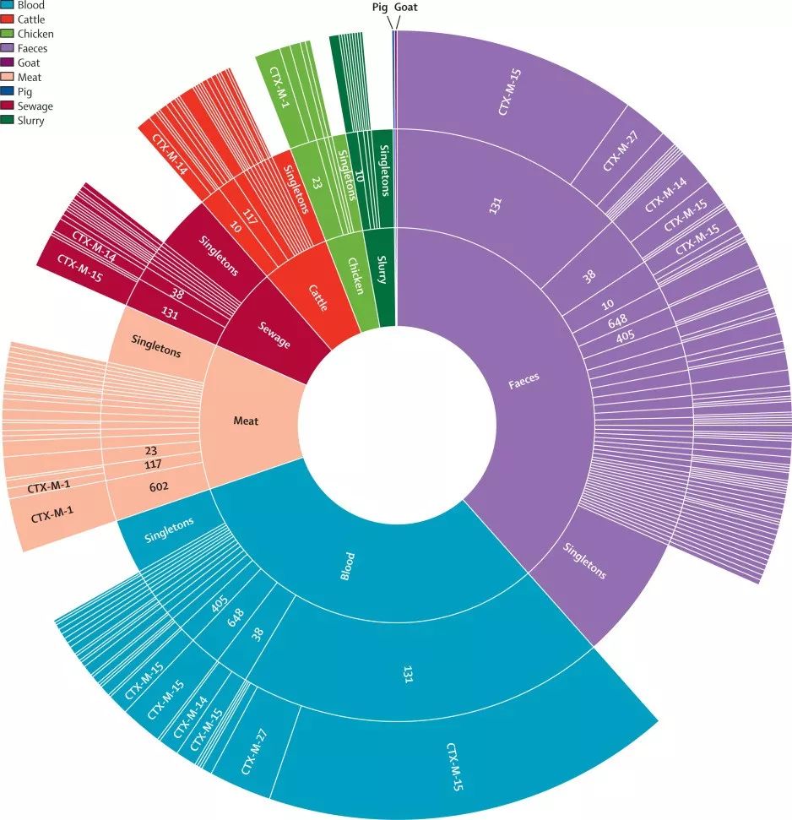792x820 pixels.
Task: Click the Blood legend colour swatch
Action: tap(8, 5)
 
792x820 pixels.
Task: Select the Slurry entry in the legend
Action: tap(31, 121)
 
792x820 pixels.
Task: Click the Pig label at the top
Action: tap(380, 8)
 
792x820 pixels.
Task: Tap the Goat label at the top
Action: tap(405, 8)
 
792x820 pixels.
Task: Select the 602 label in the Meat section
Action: tap(154, 486)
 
